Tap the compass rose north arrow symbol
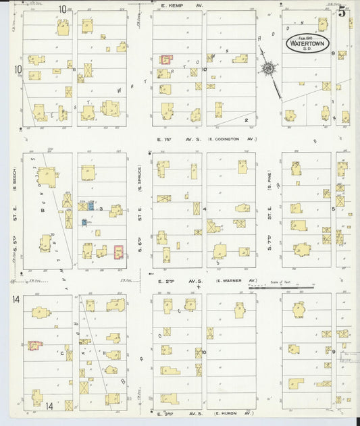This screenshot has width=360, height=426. click(x=269, y=68)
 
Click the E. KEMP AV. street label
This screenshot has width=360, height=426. click(x=182, y=5)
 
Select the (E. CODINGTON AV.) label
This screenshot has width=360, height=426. click(x=232, y=139)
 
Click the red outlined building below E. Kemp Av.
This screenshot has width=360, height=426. click(x=165, y=60)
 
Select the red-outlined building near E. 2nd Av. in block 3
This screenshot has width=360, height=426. click(x=119, y=252)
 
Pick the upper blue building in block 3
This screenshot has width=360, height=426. click(x=91, y=205)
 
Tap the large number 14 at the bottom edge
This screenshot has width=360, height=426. click(x=50, y=406)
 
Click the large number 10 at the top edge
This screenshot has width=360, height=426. click(x=62, y=9)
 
